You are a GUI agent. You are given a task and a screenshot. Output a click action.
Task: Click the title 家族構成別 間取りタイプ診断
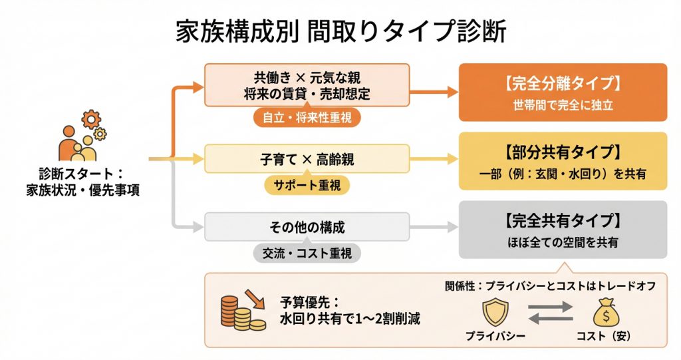[340, 31]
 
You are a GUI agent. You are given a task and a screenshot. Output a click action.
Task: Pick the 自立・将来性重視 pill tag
[307, 118]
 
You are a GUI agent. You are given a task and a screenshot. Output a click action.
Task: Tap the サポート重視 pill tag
[307, 185]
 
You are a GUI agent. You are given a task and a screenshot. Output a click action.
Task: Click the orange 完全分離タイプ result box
[563, 92]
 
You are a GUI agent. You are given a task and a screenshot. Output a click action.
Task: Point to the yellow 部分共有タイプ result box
[563, 161]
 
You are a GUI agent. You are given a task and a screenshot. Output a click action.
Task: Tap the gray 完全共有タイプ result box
[563, 230]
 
